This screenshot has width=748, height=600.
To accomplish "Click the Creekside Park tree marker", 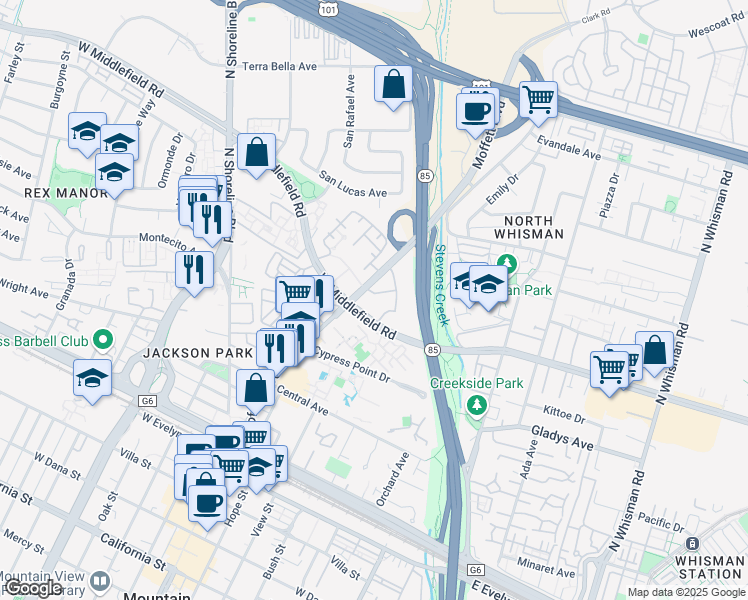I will coord(477,405).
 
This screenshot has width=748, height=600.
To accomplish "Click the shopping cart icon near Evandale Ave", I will coord(538,99).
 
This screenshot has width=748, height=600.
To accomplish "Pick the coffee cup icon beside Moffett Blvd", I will coord(475,111).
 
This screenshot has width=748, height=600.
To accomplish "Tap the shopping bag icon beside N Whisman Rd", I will coord(654,351).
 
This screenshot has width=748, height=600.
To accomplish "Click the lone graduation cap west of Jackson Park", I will coord(92,378).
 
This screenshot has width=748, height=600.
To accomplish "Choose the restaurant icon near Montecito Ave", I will coord(194,268).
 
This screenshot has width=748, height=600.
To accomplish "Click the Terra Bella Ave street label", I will coord(273,66).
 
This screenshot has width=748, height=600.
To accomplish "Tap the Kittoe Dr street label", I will coord(564,414).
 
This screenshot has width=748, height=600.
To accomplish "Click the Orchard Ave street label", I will coord(393,479).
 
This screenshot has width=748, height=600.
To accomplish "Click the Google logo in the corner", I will coord(33,588).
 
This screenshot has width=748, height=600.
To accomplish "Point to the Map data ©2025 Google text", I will coord(685,592).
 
